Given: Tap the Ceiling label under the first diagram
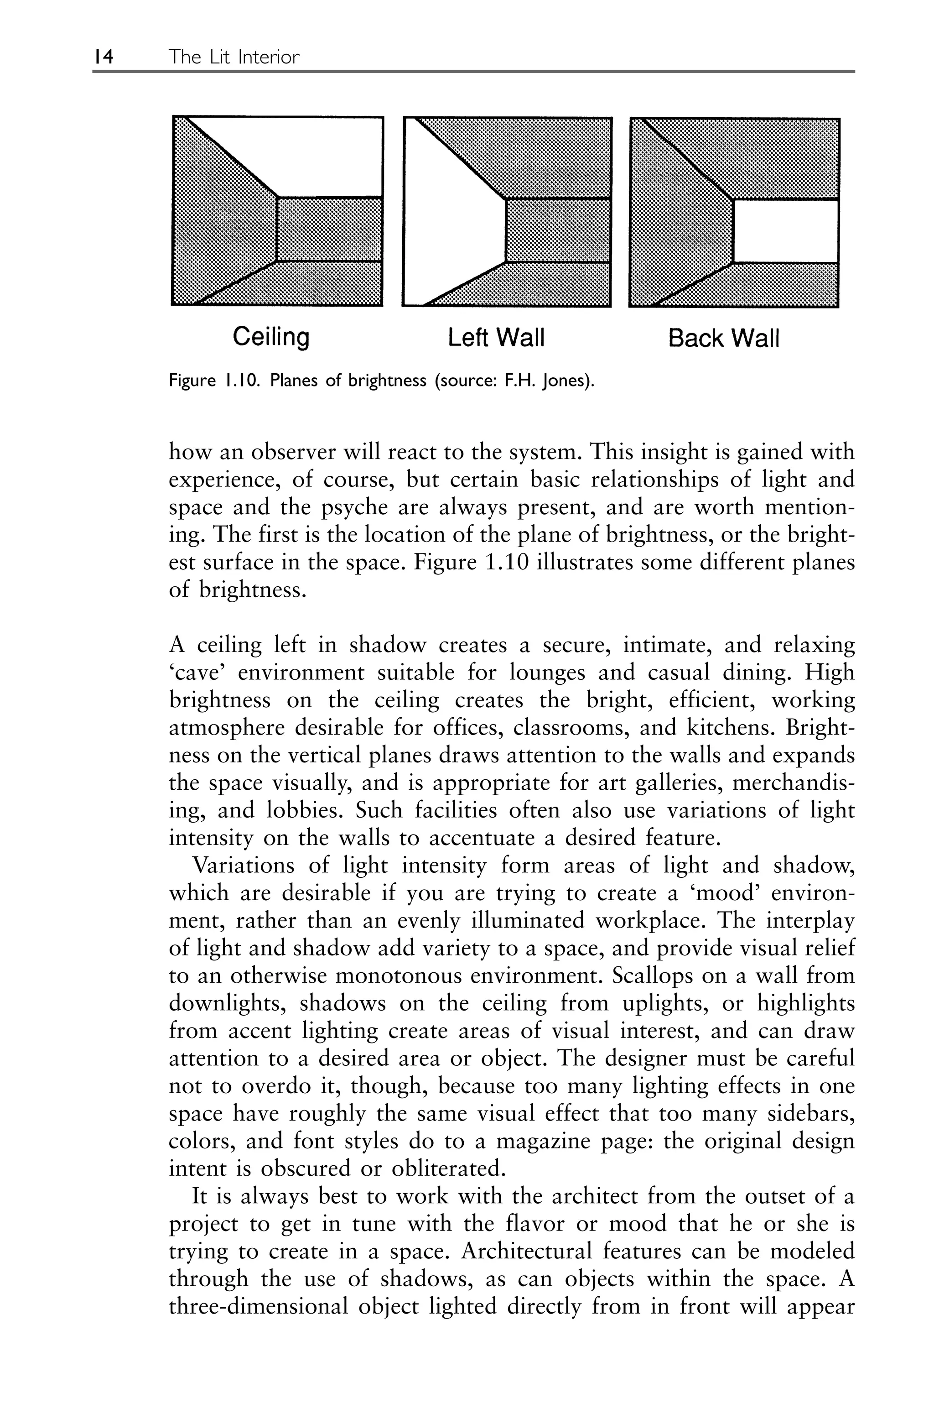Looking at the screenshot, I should [x=271, y=337].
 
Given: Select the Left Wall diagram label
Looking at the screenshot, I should [x=496, y=339].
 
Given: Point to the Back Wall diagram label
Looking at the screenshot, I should [x=723, y=339].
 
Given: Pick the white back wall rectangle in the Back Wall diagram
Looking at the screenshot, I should [x=785, y=230].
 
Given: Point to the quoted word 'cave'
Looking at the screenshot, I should [x=197, y=673].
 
